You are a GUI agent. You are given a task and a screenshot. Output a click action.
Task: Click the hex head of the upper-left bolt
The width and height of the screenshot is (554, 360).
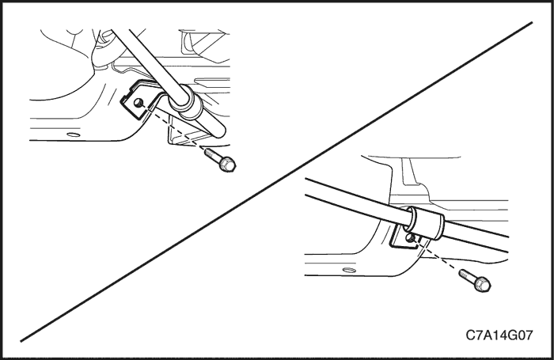pos(227,165)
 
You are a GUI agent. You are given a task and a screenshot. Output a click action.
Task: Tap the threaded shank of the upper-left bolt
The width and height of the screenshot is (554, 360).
pos(211,154)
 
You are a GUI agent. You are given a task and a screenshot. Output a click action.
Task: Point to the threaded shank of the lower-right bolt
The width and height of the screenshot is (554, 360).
pos(467,274)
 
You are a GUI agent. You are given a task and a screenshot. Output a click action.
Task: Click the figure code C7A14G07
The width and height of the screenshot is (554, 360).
pos(499,335)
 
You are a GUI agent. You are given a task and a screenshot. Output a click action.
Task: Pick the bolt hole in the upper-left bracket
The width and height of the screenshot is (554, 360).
pos(138,103)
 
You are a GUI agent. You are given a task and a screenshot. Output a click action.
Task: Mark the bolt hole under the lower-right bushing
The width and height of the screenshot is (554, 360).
pos(410,238)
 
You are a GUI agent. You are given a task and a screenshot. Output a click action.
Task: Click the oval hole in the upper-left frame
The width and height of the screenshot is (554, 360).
pos(74,135)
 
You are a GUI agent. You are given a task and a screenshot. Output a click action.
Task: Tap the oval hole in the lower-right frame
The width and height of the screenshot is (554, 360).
pos(350,271)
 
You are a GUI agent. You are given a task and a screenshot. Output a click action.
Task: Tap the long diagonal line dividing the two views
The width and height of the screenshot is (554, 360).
pos(276,182)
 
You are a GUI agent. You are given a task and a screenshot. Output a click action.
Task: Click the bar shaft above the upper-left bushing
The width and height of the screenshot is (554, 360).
pos(149,59)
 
